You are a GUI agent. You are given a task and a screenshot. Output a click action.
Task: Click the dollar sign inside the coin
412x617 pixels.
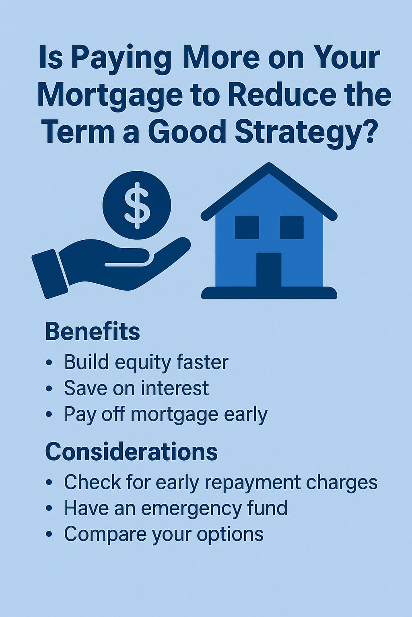click(x=137, y=205)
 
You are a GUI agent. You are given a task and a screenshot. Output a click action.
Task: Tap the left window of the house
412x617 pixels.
click(x=247, y=227)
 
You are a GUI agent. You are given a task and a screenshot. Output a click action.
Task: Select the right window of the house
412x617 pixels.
click(x=292, y=227)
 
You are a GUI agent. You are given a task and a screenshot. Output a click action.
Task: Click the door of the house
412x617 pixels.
click(x=269, y=270)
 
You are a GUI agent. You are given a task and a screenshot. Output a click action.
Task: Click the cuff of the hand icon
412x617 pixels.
click(x=49, y=274)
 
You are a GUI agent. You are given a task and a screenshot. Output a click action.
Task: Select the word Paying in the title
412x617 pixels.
click(x=122, y=60)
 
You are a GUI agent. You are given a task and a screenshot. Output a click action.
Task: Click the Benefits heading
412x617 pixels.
click(x=93, y=332)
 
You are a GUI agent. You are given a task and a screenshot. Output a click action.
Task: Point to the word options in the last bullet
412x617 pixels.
click(x=230, y=534)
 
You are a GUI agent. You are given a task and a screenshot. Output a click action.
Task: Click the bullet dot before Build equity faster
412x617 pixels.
click(x=49, y=363)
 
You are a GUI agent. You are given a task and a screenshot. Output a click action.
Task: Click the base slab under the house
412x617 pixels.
click(x=269, y=293)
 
